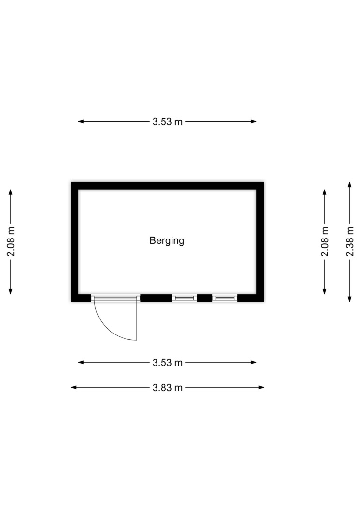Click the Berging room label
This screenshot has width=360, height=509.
(167, 240)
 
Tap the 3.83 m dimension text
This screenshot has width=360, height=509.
(168, 388)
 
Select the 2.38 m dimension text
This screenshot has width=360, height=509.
(350, 241)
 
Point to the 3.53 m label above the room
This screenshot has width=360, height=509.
(168, 122)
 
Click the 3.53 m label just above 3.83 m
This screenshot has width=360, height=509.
(168, 362)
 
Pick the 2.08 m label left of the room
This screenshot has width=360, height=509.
(11, 241)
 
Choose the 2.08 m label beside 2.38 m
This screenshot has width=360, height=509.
(325, 241)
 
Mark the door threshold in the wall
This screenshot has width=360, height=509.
(115, 298)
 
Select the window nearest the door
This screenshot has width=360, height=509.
(185, 298)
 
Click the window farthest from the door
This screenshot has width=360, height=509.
(225, 298)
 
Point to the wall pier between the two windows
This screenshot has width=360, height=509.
(204, 298)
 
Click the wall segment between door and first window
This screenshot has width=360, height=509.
(156, 298)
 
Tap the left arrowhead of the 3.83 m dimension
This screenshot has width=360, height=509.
(74, 387)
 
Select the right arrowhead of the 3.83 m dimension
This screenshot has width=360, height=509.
(261, 387)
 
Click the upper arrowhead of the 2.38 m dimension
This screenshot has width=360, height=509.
(350, 185)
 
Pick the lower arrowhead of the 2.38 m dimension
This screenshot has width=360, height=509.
(350, 299)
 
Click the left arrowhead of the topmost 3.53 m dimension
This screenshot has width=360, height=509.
(81, 121)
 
